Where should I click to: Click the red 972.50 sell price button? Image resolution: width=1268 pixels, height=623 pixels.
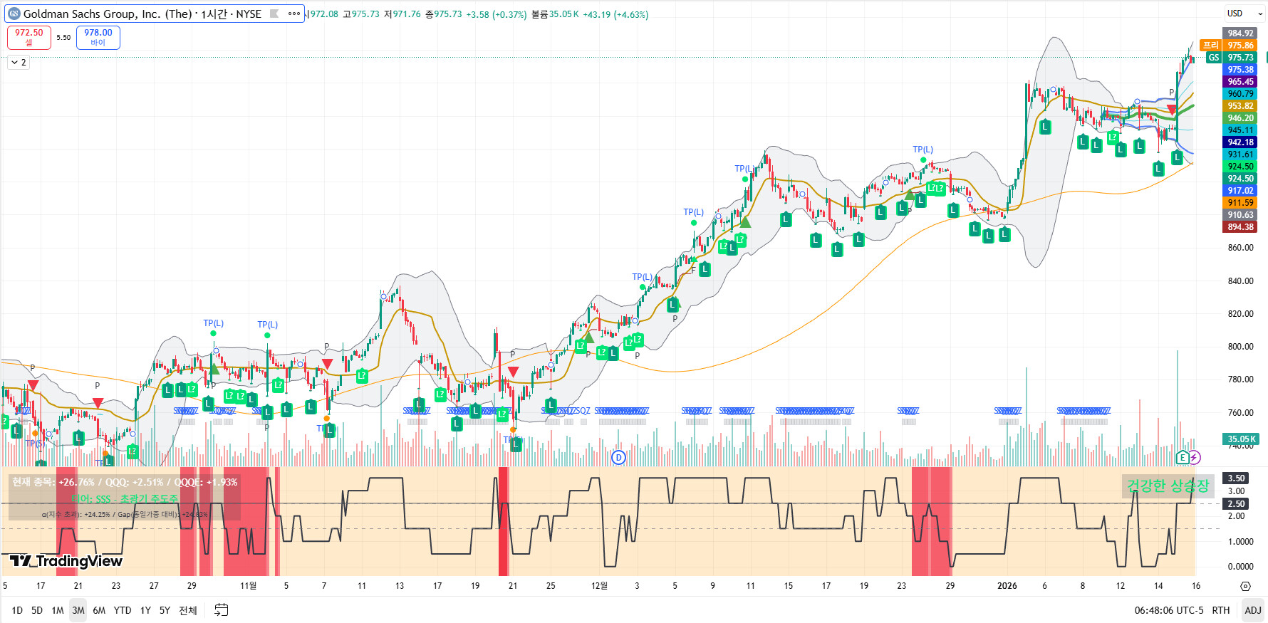tap(28, 37)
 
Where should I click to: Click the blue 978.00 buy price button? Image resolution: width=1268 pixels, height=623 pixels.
tap(98, 37)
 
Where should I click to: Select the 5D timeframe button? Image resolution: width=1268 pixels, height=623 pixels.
tap(37, 610)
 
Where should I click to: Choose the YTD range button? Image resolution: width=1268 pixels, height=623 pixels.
tap(123, 610)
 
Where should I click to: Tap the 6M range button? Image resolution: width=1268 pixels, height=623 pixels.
tap(99, 610)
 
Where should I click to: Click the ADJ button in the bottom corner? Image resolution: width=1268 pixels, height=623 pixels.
tap(1252, 610)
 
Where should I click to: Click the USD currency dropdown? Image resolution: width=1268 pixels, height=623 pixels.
tap(1243, 13)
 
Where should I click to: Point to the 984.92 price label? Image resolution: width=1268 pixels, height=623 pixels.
tap(1240, 33)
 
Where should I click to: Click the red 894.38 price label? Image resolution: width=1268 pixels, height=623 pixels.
tap(1240, 227)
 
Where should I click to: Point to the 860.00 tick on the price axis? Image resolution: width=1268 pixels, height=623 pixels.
tap(1240, 248)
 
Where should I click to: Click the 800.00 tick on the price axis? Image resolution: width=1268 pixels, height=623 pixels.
tap(1240, 347)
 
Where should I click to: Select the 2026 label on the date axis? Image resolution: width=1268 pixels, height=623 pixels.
tap(1007, 586)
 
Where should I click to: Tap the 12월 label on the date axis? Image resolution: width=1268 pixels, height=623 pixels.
tap(599, 586)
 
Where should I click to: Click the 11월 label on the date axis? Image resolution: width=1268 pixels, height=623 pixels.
tap(248, 586)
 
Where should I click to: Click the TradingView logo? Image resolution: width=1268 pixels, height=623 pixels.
tap(66, 561)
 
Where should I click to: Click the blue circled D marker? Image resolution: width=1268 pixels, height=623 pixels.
tap(618, 457)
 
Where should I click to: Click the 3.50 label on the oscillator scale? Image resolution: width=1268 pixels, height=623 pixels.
tap(1236, 478)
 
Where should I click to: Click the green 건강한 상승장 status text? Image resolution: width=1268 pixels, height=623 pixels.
tap(1168, 486)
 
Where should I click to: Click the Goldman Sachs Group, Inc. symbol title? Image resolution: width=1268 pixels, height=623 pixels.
tap(142, 14)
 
